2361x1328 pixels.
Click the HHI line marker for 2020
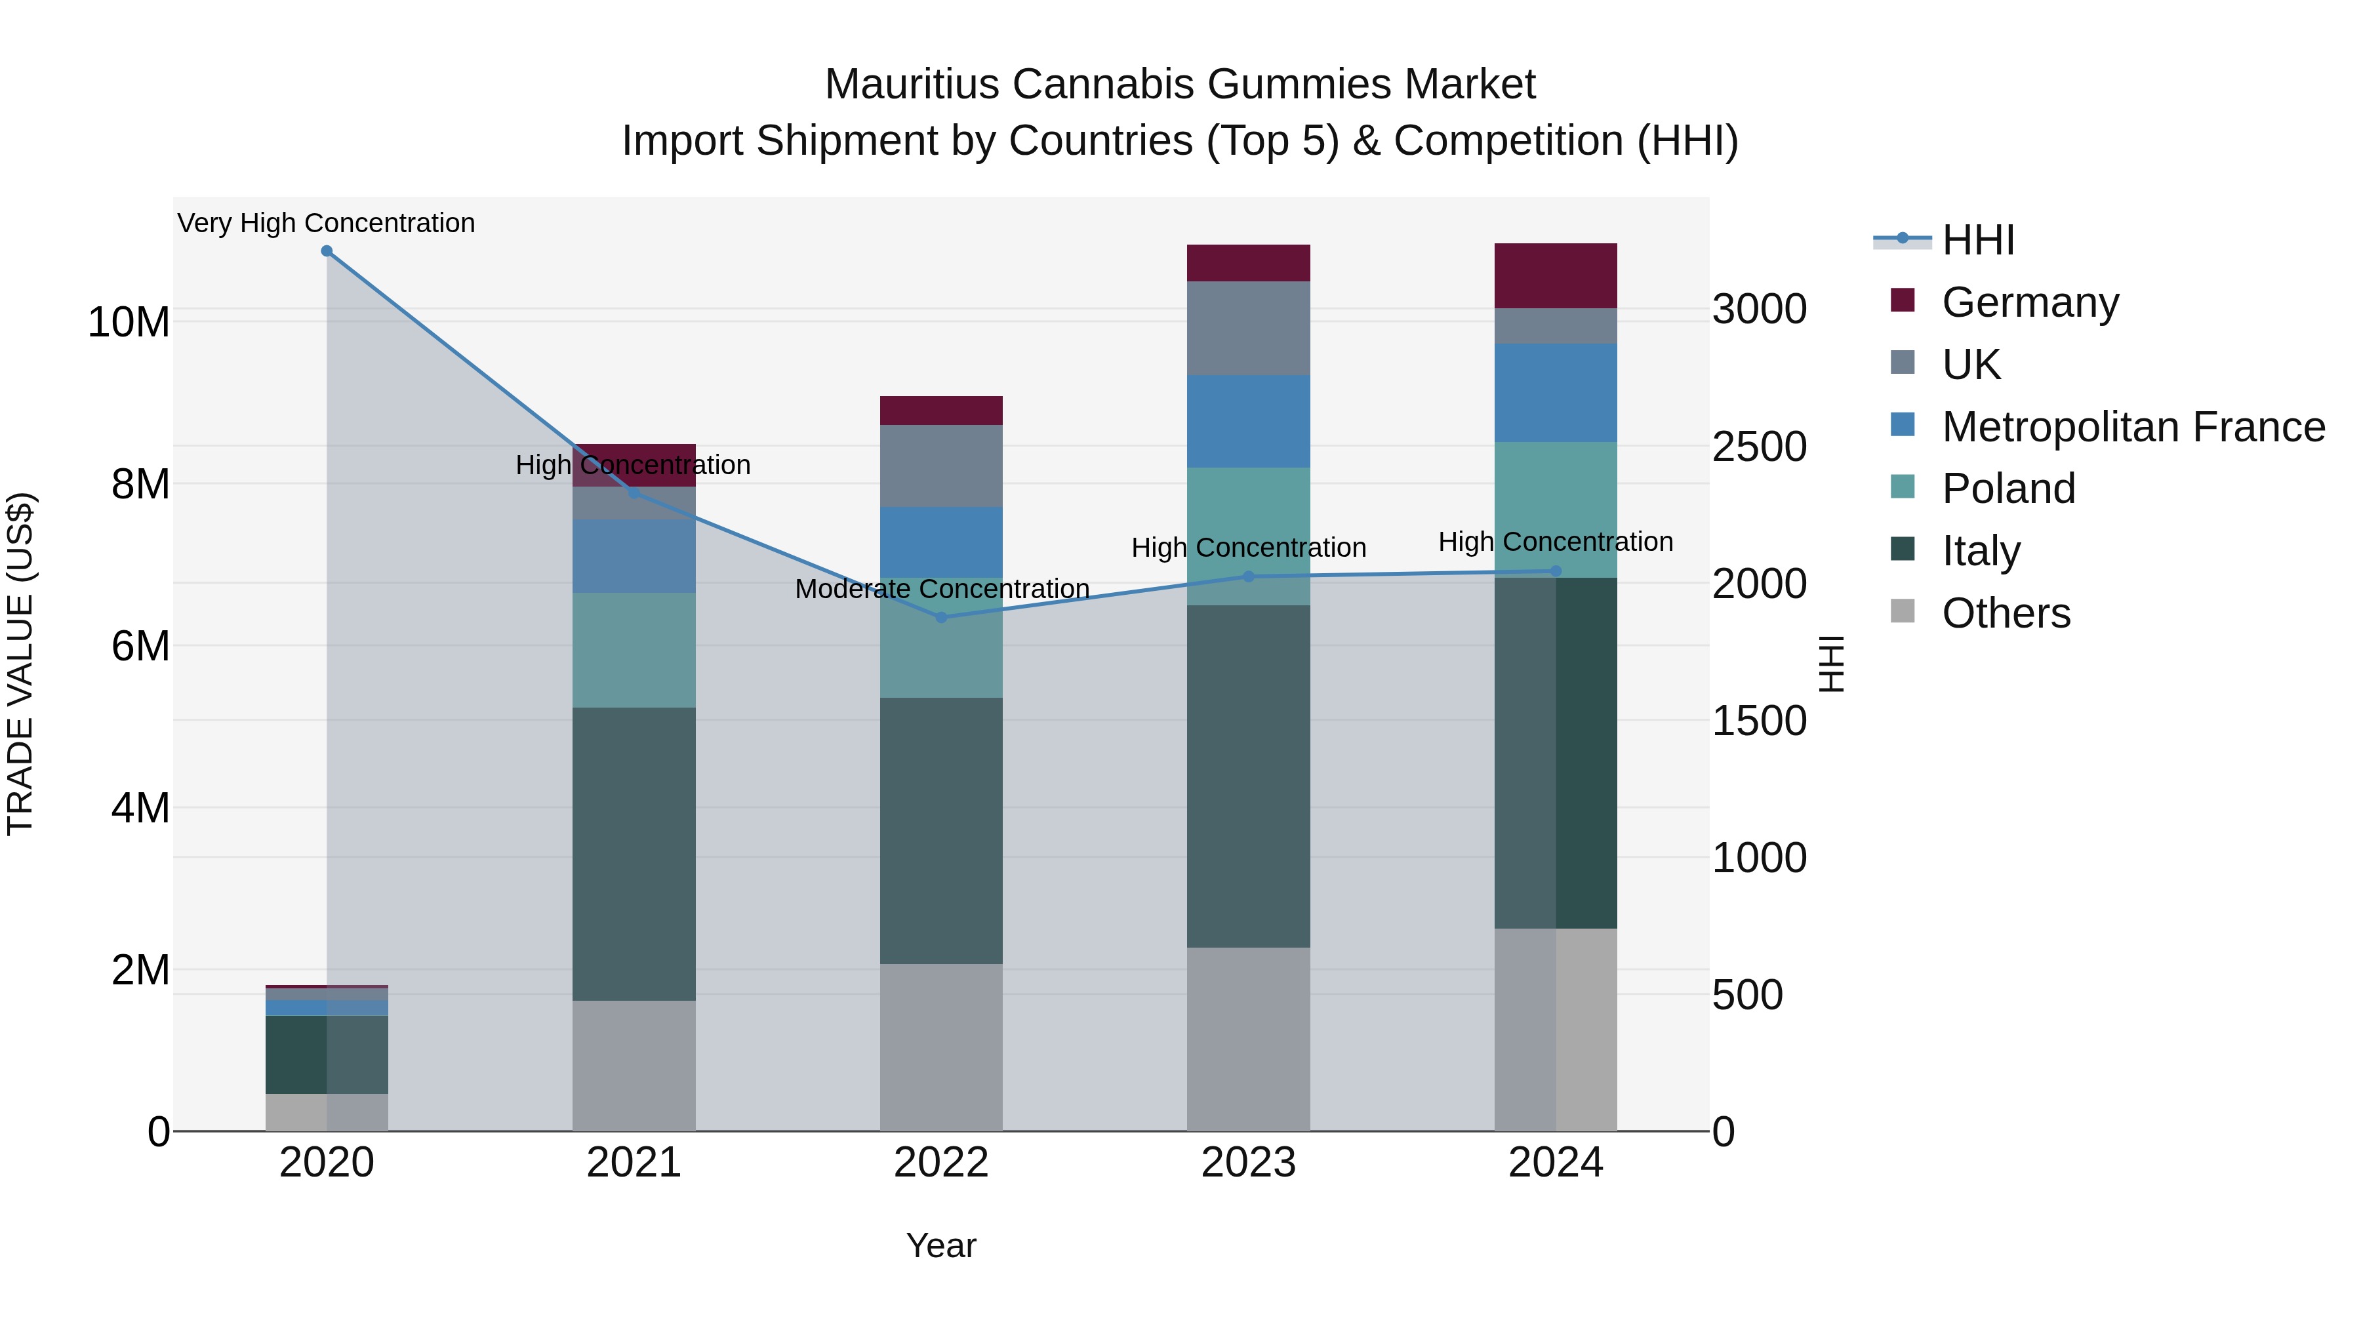tap(327, 251)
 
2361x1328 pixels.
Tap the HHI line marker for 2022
tap(940, 618)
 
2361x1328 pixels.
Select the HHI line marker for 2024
tap(1556, 571)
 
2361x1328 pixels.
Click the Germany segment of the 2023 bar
tap(1247, 263)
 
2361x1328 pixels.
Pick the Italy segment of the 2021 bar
tap(634, 853)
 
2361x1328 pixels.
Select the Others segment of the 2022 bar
tap(940, 1047)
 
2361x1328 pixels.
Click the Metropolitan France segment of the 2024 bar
tap(1556, 393)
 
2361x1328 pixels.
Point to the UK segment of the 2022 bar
tap(940, 466)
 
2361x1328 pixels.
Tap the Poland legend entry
tap(2008, 489)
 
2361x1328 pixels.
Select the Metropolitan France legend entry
tap(2132, 427)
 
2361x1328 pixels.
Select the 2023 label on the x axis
tap(1247, 1163)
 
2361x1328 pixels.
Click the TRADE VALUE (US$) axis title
tap(20, 664)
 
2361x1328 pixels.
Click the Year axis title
tap(940, 1245)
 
